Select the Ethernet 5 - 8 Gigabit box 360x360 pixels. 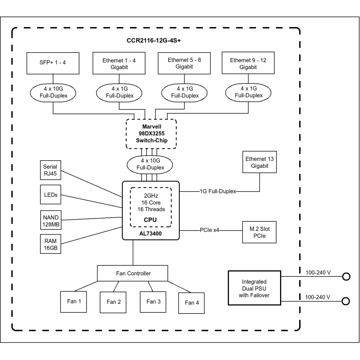click(185, 63)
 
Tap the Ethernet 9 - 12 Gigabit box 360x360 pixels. click(248, 63)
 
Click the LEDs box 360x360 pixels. click(50, 195)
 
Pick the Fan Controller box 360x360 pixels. click(133, 273)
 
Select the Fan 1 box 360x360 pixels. click(73, 301)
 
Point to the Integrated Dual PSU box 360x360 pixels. click(254, 288)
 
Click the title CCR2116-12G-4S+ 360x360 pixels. click(156, 40)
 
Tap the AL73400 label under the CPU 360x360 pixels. click(150, 233)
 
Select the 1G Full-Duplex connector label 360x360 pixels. click(218, 191)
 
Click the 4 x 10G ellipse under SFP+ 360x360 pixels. click(53, 93)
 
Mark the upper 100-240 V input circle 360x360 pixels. click(346, 276)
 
